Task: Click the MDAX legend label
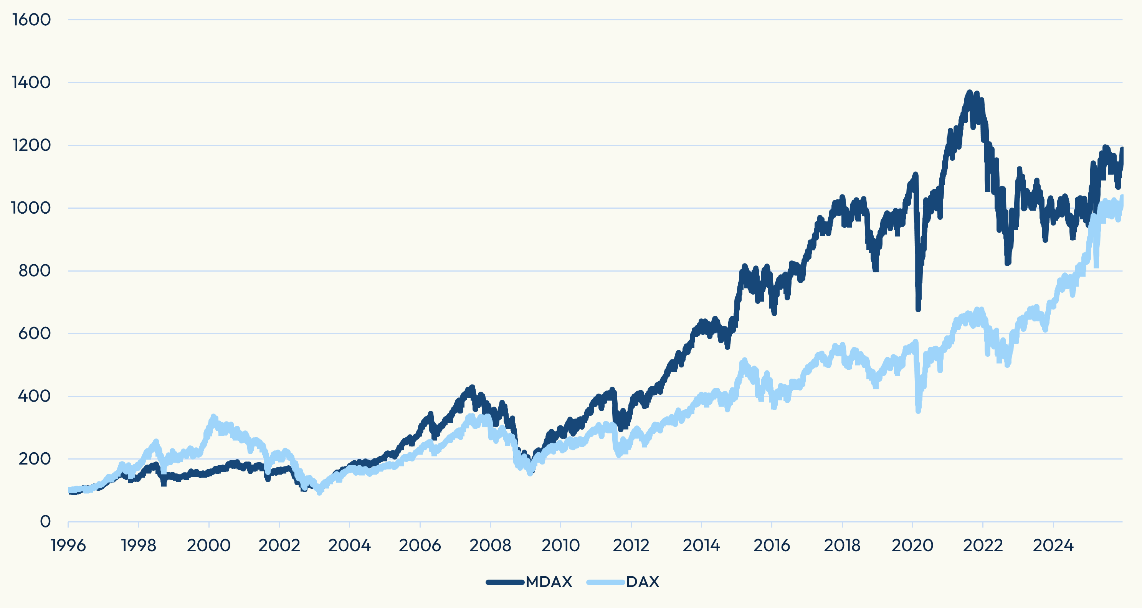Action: point(549,582)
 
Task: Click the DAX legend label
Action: point(642,582)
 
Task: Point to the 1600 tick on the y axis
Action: point(31,20)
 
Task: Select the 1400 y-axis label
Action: point(31,82)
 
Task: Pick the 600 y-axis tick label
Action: point(35,333)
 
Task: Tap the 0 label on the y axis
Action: point(45,522)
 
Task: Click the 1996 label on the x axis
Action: point(68,545)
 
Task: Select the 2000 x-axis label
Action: point(209,545)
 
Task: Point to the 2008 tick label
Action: point(490,545)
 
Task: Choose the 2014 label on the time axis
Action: point(701,545)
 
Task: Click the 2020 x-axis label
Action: point(912,545)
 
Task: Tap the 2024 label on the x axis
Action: point(1053,545)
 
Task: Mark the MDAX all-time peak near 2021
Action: point(970,92)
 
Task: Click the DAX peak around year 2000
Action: point(213,417)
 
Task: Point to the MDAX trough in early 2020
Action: point(918,309)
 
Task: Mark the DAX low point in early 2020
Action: point(918,411)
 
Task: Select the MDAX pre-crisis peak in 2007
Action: point(472,387)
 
